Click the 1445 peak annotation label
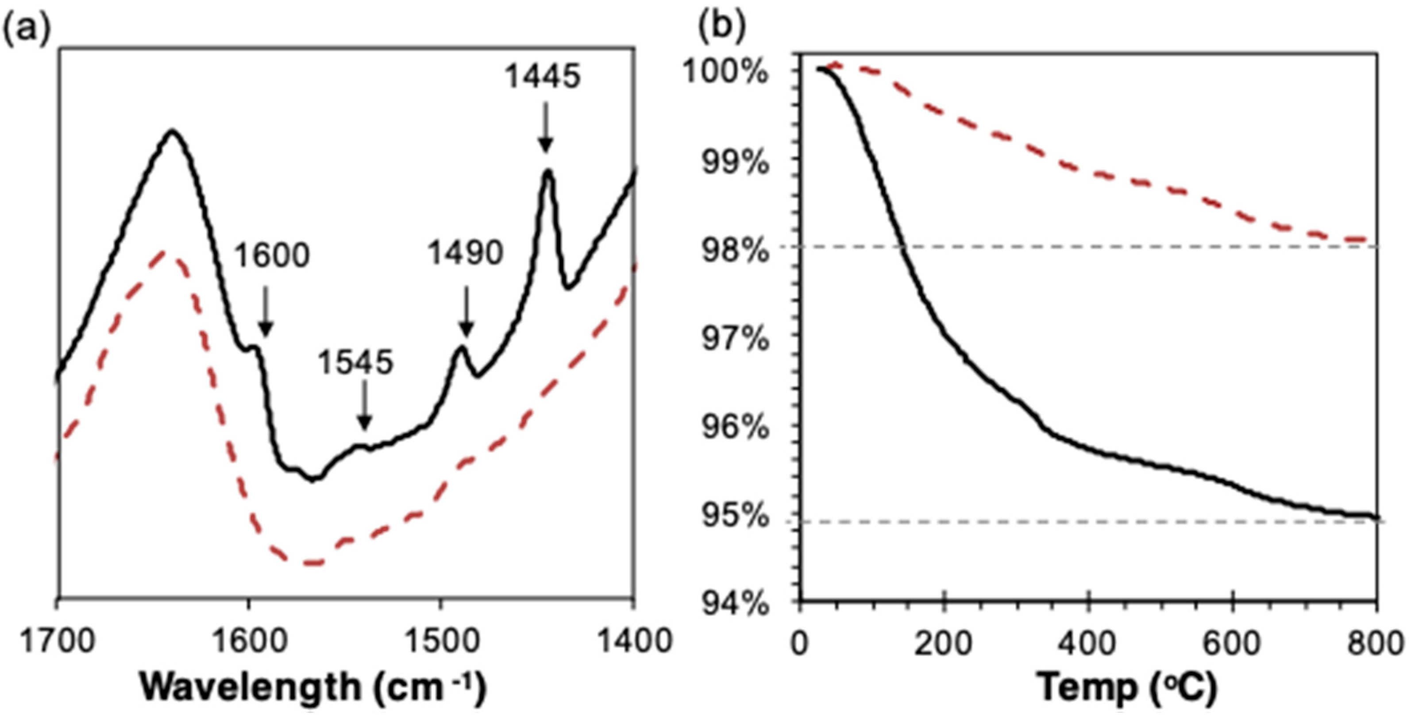(542, 76)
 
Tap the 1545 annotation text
(356, 362)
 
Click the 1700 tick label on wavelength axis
(57, 641)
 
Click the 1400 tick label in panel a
(634, 641)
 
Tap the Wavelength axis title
(313, 687)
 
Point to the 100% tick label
(726, 72)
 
